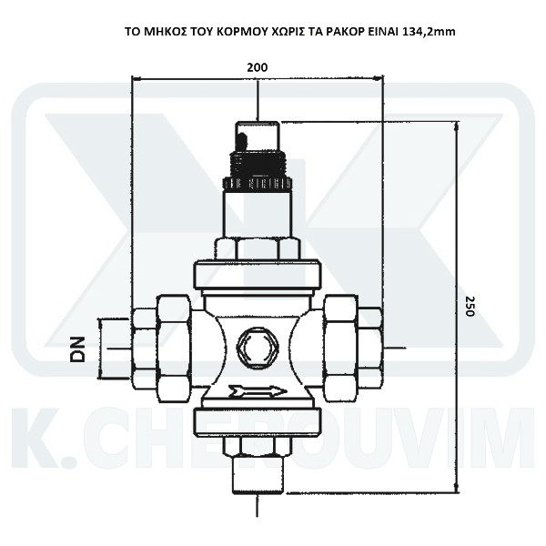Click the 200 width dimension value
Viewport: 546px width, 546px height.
[258, 67]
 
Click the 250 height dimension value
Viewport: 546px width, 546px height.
[470, 306]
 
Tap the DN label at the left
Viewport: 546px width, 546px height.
[77, 349]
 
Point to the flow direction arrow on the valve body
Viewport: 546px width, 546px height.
[258, 391]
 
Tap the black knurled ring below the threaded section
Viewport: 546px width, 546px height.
[258, 183]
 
